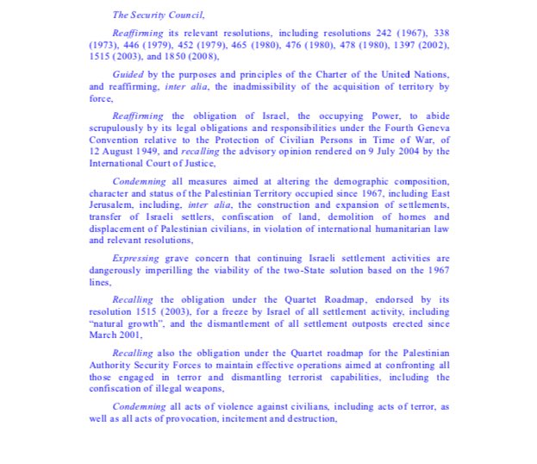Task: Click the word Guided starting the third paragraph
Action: (x=128, y=75)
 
